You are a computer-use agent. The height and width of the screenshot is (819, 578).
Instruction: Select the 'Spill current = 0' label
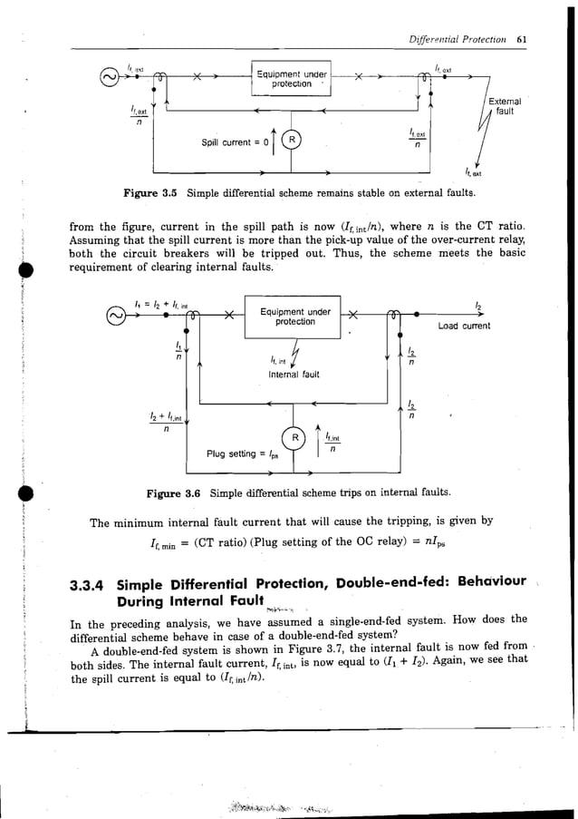(234, 141)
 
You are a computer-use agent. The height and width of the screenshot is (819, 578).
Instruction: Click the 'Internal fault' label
(291, 374)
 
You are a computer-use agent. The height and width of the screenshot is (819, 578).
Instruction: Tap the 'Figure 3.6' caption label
(174, 495)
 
